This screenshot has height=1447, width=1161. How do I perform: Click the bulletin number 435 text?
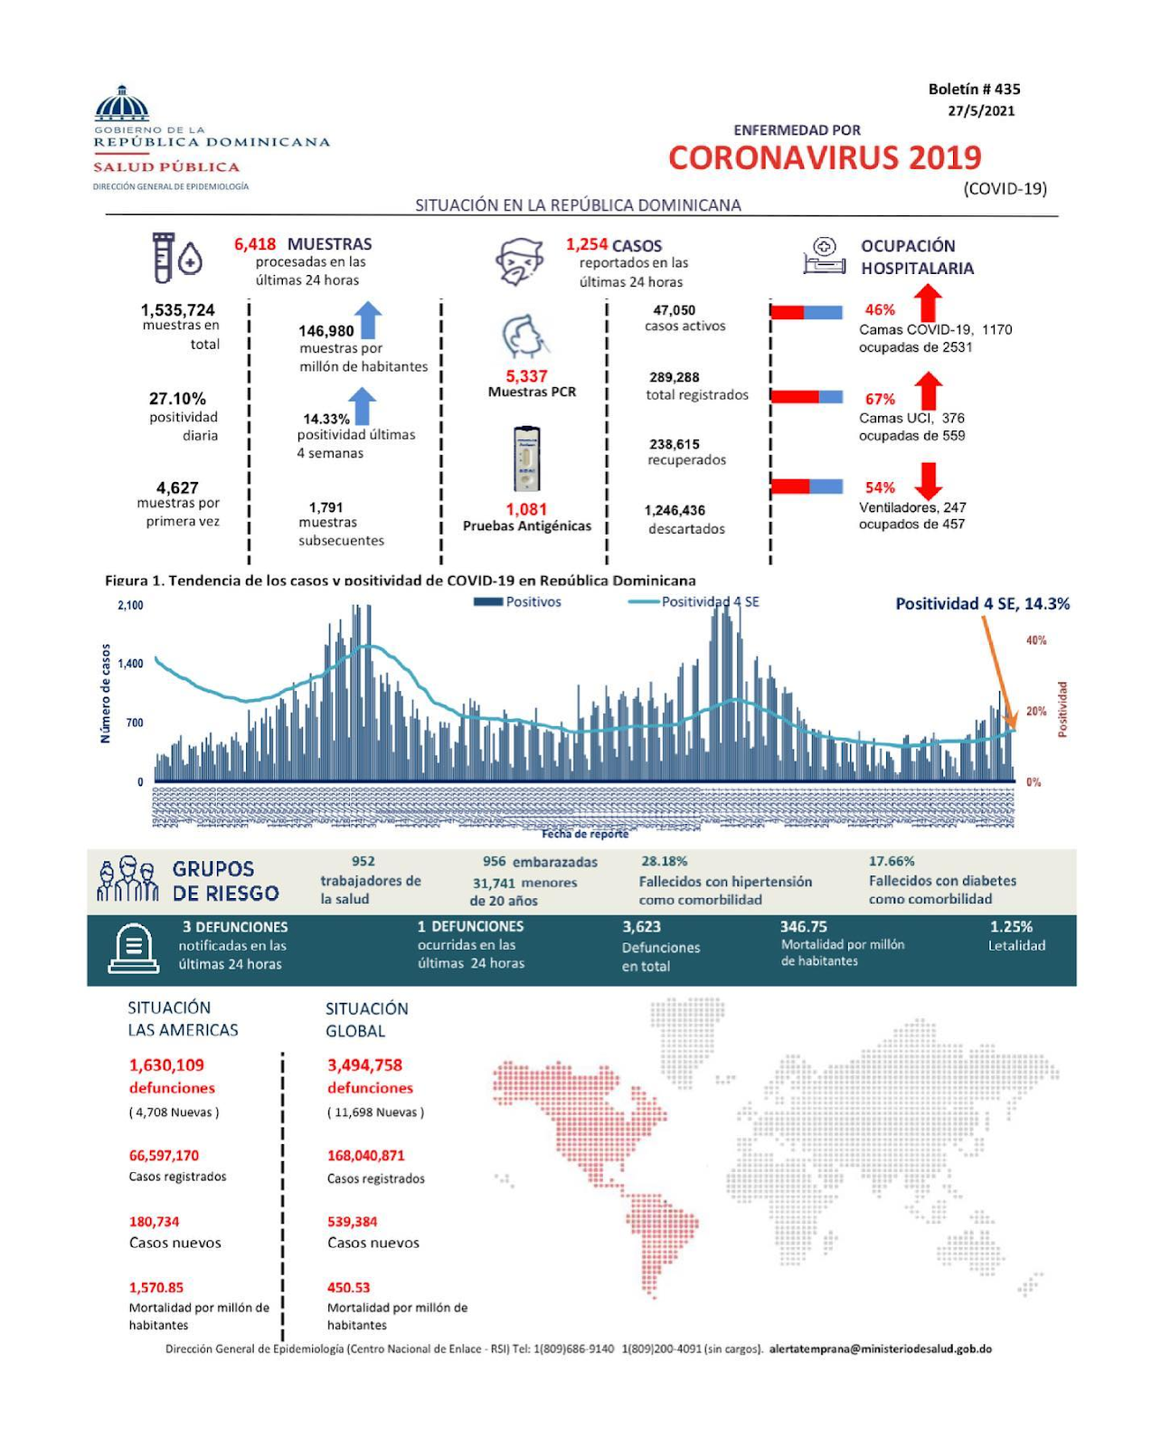974,89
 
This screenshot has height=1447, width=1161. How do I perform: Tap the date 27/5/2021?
981,111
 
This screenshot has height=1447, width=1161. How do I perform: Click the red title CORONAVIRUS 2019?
825,158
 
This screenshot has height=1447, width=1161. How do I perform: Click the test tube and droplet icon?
175,258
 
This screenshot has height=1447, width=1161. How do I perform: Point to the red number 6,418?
255,244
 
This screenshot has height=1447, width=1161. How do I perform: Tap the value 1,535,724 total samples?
178,310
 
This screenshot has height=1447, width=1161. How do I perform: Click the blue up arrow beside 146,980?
368,320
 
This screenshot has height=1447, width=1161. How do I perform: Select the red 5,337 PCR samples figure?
526,376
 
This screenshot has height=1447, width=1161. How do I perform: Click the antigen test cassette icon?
526,459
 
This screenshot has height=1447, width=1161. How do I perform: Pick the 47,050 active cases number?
675,310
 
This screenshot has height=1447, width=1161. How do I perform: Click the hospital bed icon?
824,257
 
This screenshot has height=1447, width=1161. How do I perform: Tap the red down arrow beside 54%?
928,480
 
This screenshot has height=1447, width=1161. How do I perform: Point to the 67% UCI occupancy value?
880,399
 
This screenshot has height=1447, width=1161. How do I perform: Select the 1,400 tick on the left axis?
130,664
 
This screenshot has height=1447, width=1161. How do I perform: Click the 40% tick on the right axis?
1036,640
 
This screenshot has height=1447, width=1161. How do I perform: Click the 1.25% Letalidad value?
1011,927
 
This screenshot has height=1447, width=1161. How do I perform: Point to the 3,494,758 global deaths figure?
364,1065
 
